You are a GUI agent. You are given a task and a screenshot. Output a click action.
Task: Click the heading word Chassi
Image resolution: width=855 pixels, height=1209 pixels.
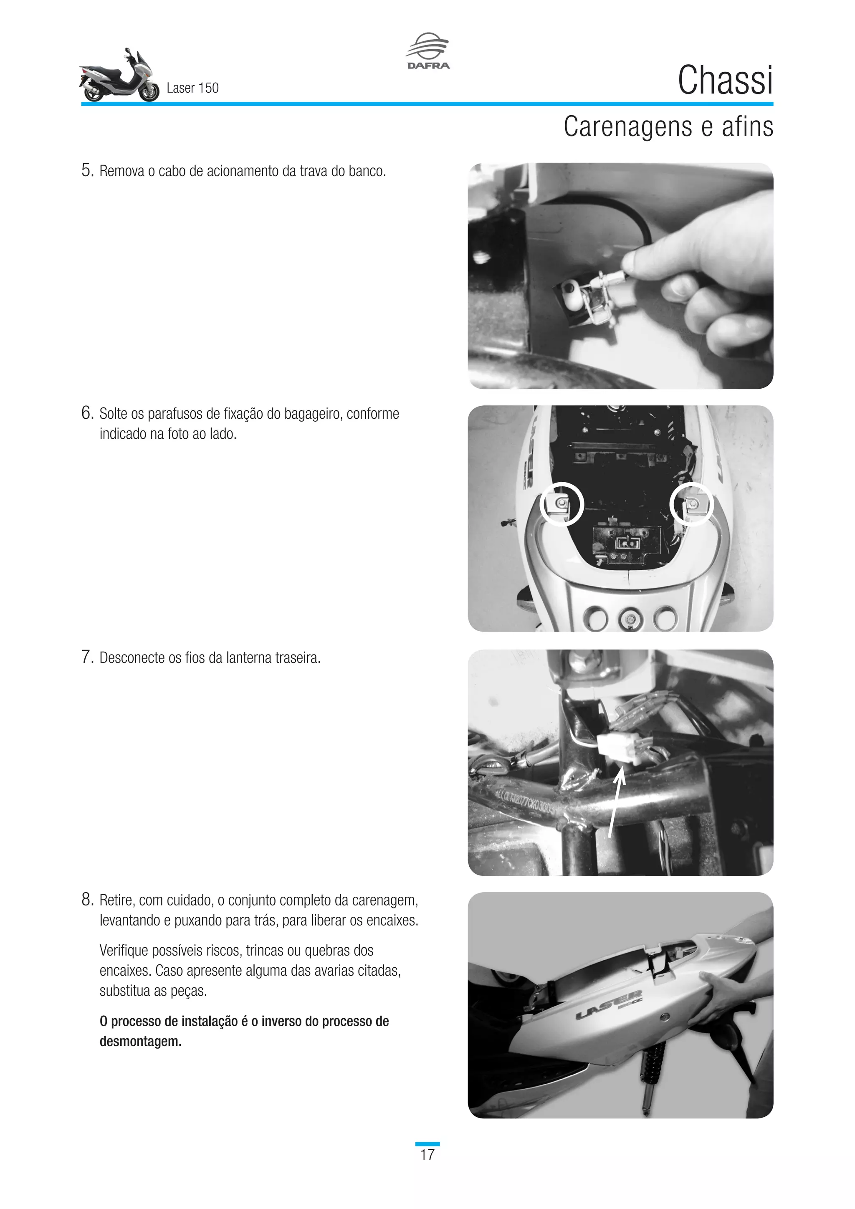click(x=725, y=81)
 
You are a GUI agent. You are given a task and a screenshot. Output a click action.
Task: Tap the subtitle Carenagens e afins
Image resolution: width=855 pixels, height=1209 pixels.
click(x=668, y=127)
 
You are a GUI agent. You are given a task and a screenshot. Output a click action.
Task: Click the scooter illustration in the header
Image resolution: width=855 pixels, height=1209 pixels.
click(x=119, y=76)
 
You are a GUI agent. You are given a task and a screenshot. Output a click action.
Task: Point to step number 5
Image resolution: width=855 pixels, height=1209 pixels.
click(x=87, y=171)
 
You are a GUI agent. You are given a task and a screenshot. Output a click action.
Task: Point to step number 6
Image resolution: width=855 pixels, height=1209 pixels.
click(x=87, y=413)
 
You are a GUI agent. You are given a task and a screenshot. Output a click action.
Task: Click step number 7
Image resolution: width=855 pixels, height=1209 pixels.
click(x=87, y=657)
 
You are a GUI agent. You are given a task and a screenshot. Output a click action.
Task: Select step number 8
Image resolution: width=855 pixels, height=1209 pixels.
click(x=87, y=900)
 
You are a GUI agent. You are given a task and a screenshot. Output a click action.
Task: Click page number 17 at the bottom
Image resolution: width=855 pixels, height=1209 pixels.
click(x=427, y=1155)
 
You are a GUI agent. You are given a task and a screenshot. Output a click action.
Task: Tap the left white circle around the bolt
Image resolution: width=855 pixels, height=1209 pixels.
click(x=562, y=504)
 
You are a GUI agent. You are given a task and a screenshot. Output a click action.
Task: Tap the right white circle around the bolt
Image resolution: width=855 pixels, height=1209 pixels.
click(x=692, y=504)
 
